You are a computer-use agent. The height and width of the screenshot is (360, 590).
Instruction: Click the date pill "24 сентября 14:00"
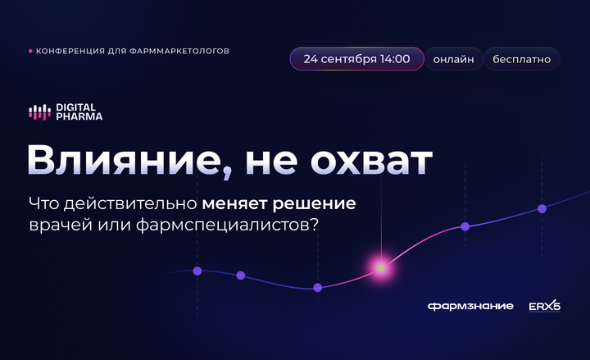click(x=356, y=59)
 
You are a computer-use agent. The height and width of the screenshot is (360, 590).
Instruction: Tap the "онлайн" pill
click(x=453, y=59)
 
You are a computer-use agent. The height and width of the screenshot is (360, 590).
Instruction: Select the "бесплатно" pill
click(x=521, y=59)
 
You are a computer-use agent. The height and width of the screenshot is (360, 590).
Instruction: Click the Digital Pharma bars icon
click(x=40, y=112)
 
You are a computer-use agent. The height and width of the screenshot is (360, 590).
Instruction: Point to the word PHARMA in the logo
click(x=79, y=116)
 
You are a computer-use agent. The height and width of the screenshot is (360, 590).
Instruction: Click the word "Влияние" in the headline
click(x=125, y=160)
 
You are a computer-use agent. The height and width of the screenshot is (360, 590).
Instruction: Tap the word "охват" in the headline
click(x=371, y=162)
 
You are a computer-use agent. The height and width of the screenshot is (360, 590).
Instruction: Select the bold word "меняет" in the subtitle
click(x=234, y=203)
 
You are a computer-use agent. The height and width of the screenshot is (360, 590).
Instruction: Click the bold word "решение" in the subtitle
click(x=314, y=204)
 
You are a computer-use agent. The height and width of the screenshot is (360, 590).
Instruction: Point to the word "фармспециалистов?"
click(x=227, y=226)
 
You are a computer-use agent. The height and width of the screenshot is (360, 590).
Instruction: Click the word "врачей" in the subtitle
click(x=61, y=226)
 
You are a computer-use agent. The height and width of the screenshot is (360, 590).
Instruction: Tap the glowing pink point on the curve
click(x=381, y=268)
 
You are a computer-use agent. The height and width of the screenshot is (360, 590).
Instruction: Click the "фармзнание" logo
click(x=470, y=306)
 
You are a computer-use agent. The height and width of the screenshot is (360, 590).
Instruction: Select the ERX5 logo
click(x=544, y=306)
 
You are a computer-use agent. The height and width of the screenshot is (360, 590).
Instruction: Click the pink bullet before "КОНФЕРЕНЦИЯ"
click(x=30, y=51)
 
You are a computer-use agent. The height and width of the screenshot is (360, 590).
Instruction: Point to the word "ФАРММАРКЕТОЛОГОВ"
click(x=179, y=51)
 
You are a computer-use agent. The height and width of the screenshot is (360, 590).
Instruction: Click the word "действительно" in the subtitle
click(x=130, y=203)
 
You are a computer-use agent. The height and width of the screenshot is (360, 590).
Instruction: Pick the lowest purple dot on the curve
click(x=318, y=288)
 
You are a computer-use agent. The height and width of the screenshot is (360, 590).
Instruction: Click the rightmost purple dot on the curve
click(x=542, y=208)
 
